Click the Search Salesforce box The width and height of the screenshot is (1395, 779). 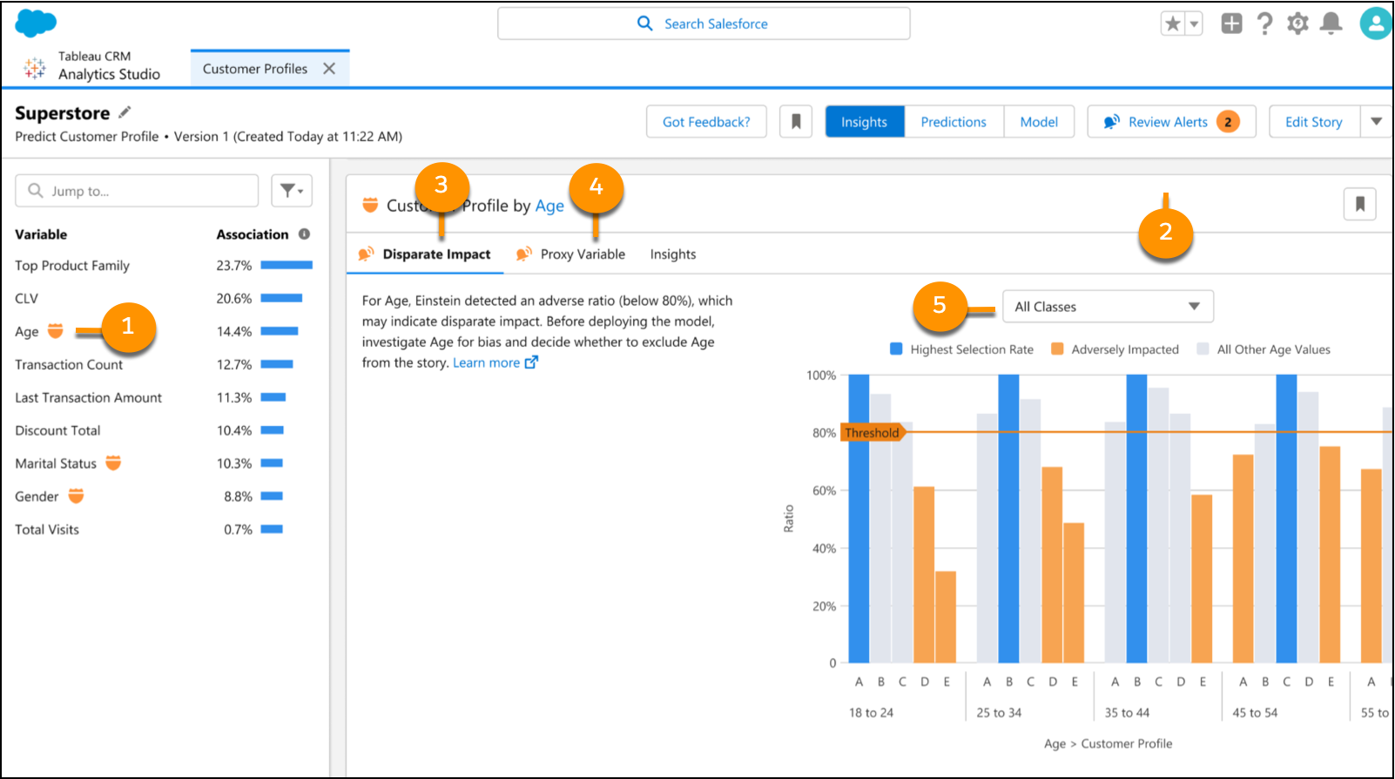pyautogui.click(x=704, y=24)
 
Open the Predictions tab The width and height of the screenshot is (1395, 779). pyautogui.click(x=954, y=122)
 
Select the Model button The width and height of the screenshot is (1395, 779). pyautogui.click(x=1039, y=122)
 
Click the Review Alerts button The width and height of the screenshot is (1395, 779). pyautogui.click(x=1171, y=122)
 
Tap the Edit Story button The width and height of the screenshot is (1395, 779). pyautogui.click(x=1313, y=122)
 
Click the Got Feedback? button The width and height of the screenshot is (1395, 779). pyautogui.click(x=706, y=122)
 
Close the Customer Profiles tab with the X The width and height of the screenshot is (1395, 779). pyautogui.click(x=329, y=69)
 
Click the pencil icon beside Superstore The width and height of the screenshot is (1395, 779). pyautogui.click(x=125, y=112)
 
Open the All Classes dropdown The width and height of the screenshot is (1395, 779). pyautogui.click(x=1108, y=307)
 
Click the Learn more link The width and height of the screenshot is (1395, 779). pyautogui.click(x=495, y=362)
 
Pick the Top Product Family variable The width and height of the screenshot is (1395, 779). pyautogui.click(x=72, y=266)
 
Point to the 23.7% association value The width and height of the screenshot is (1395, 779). pyautogui.click(x=233, y=266)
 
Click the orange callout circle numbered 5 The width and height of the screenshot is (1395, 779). pyautogui.click(x=940, y=305)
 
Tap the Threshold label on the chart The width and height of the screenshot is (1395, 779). pyautogui.click(x=872, y=432)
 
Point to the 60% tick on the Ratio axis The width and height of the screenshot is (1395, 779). pyautogui.click(x=824, y=491)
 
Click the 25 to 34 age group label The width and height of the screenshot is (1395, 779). pyautogui.click(x=999, y=712)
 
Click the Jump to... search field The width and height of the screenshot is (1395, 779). pyautogui.click(x=137, y=191)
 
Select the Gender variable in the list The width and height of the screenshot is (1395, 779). pyautogui.click(x=37, y=497)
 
